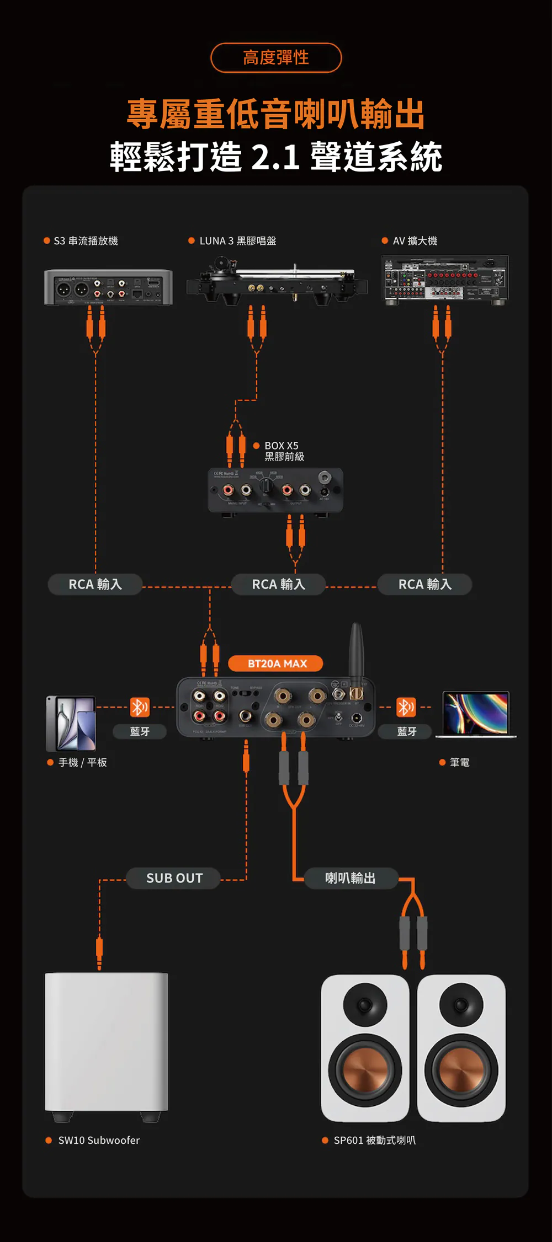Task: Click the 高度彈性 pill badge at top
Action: (x=276, y=57)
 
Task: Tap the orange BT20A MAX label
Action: (x=276, y=663)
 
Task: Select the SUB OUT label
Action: (x=174, y=878)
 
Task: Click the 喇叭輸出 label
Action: (x=351, y=878)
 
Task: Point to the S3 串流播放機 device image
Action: (x=108, y=287)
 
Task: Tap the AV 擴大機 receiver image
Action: (x=445, y=279)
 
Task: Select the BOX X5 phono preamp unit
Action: (x=275, y=490)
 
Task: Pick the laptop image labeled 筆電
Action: (x=476, y=714)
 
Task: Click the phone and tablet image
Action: (x=72, y=723)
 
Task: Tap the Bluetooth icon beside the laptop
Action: (x=406, y=707)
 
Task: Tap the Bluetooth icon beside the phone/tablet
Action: (x=139, y=707)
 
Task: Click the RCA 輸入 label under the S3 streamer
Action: (x=95, y=584)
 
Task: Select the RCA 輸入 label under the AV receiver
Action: (x=425, y=584)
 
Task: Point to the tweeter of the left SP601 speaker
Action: (x=365, y=1004)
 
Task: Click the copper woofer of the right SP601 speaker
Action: (x=461, y=1069)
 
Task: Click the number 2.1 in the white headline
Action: (x=275, y=157)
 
